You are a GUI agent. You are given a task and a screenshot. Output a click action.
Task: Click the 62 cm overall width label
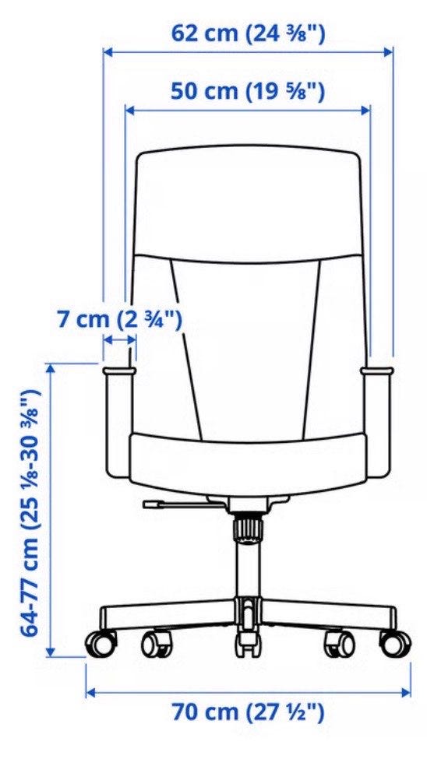pyautogui.click(x=248, y=34)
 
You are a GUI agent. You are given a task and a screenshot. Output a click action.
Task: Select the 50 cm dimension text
pyautogui.click(x=247, y=91)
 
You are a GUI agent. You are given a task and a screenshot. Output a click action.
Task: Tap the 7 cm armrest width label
pyautogui.click(x=120, y=319)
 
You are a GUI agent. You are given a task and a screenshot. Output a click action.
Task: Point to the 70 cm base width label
pyautogui.click(x=248, y=712)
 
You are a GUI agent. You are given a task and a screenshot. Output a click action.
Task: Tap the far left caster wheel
pyautogui.click(x=101, y=642)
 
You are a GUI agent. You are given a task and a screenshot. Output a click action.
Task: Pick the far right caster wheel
pyautogui.click(x=396, y=642)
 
